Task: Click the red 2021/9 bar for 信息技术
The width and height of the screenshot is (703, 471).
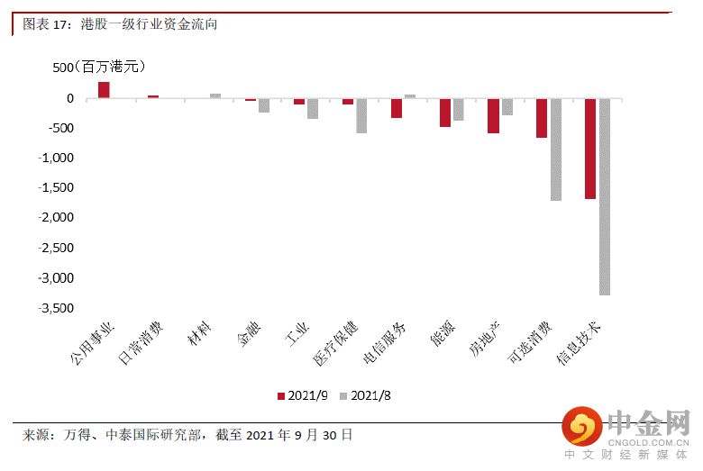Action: coord(590,148)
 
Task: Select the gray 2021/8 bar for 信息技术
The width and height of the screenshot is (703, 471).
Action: coord(604,196)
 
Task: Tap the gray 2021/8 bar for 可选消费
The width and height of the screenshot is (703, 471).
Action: coord(555,149)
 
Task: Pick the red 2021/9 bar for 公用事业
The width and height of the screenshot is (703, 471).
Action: coord(104,89)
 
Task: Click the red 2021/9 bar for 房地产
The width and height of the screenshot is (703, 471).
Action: coord(493,115)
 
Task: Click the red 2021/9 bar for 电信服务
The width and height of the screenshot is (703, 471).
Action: coord(396,107)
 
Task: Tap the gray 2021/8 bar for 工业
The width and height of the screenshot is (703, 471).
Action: coord(313,108)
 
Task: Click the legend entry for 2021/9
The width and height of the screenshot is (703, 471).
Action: coord(303,395)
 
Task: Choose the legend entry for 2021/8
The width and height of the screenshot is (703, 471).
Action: coord(364,395)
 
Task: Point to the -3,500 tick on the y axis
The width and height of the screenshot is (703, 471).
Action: coord(57,308)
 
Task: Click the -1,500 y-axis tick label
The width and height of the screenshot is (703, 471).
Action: coord(57,188)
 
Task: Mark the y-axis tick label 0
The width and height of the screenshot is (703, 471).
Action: coord(69,98)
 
